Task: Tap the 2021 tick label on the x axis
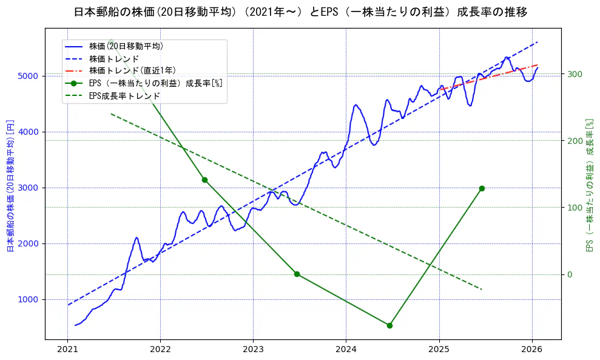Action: coord(67,350)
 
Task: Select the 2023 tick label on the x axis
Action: coord(253,350)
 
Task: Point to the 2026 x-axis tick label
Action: coord(531,350)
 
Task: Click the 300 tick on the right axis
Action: coord(575,74)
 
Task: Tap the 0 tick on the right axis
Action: coord(570,274)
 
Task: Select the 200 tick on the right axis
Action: coord(575,141)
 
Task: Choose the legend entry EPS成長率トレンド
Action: coord(124,95)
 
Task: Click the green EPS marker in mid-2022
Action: coord(204,180)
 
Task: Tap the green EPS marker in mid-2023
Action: coord(297,274)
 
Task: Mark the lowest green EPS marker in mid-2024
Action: coord(389,325)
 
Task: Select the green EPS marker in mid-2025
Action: coord(482,188)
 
